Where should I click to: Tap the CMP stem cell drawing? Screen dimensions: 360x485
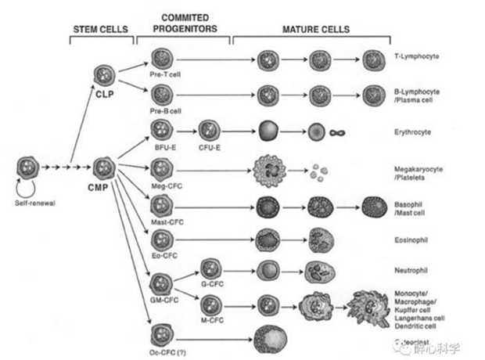point(104,167)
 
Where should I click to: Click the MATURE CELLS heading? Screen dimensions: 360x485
point(314,29)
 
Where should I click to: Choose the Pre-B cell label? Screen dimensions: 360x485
point(160,111)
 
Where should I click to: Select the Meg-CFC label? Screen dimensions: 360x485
point(162,185)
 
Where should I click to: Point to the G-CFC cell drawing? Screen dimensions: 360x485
point(211,268)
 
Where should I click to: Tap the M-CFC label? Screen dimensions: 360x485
point(212,319)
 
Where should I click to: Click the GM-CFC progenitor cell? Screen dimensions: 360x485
point(161,283)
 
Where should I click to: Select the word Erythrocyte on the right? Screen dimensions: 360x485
point(413,133)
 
